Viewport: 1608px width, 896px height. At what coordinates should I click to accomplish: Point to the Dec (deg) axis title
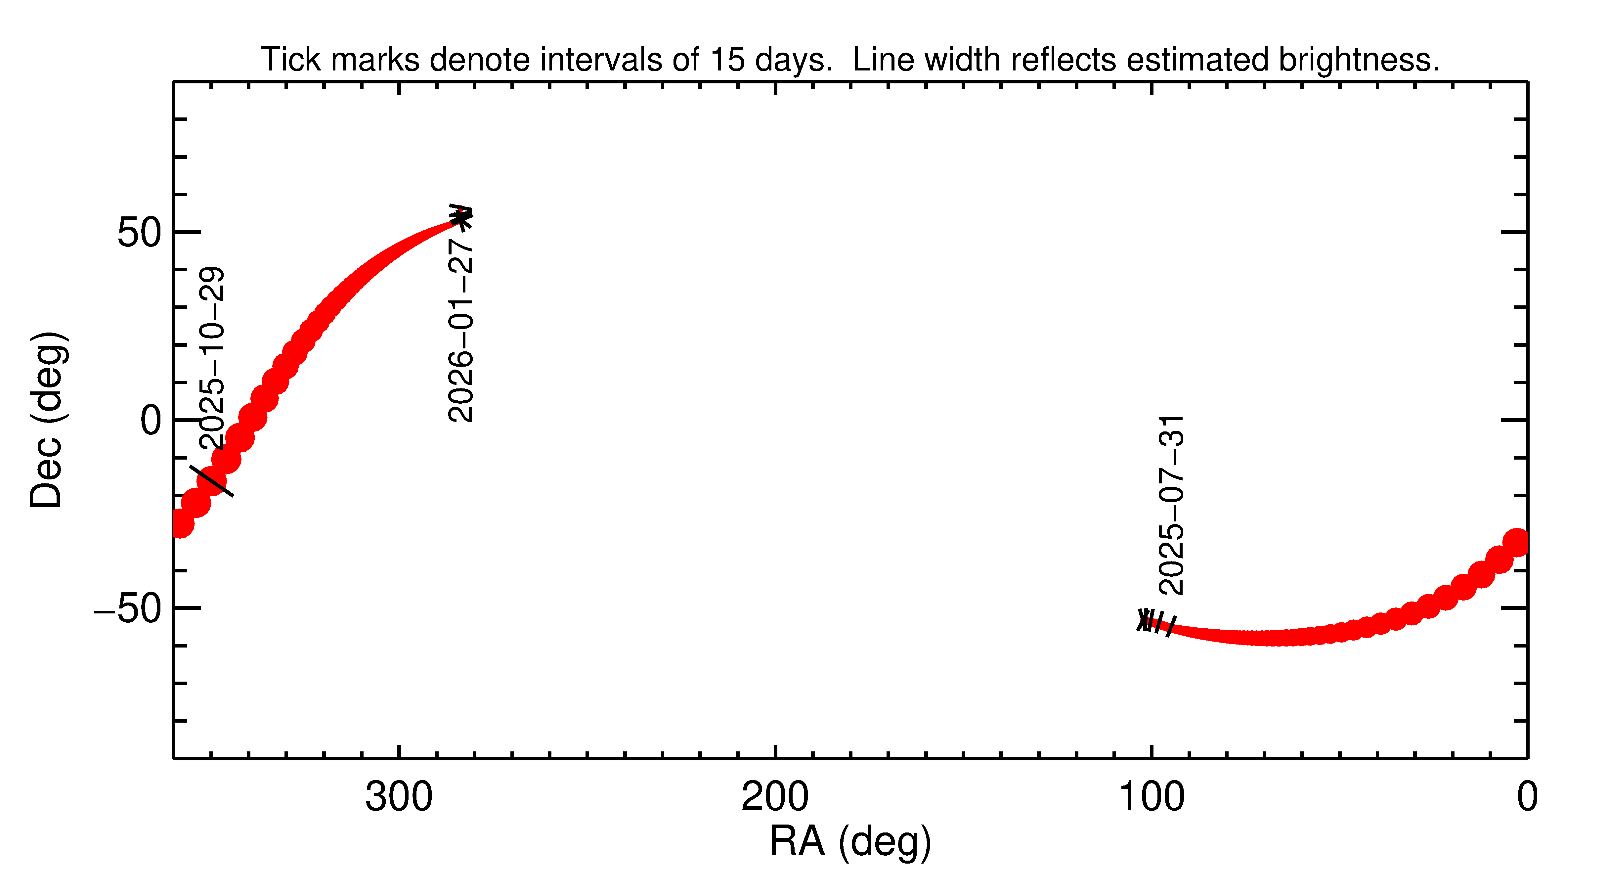47,420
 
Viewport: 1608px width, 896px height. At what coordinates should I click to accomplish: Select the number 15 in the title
727,60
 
